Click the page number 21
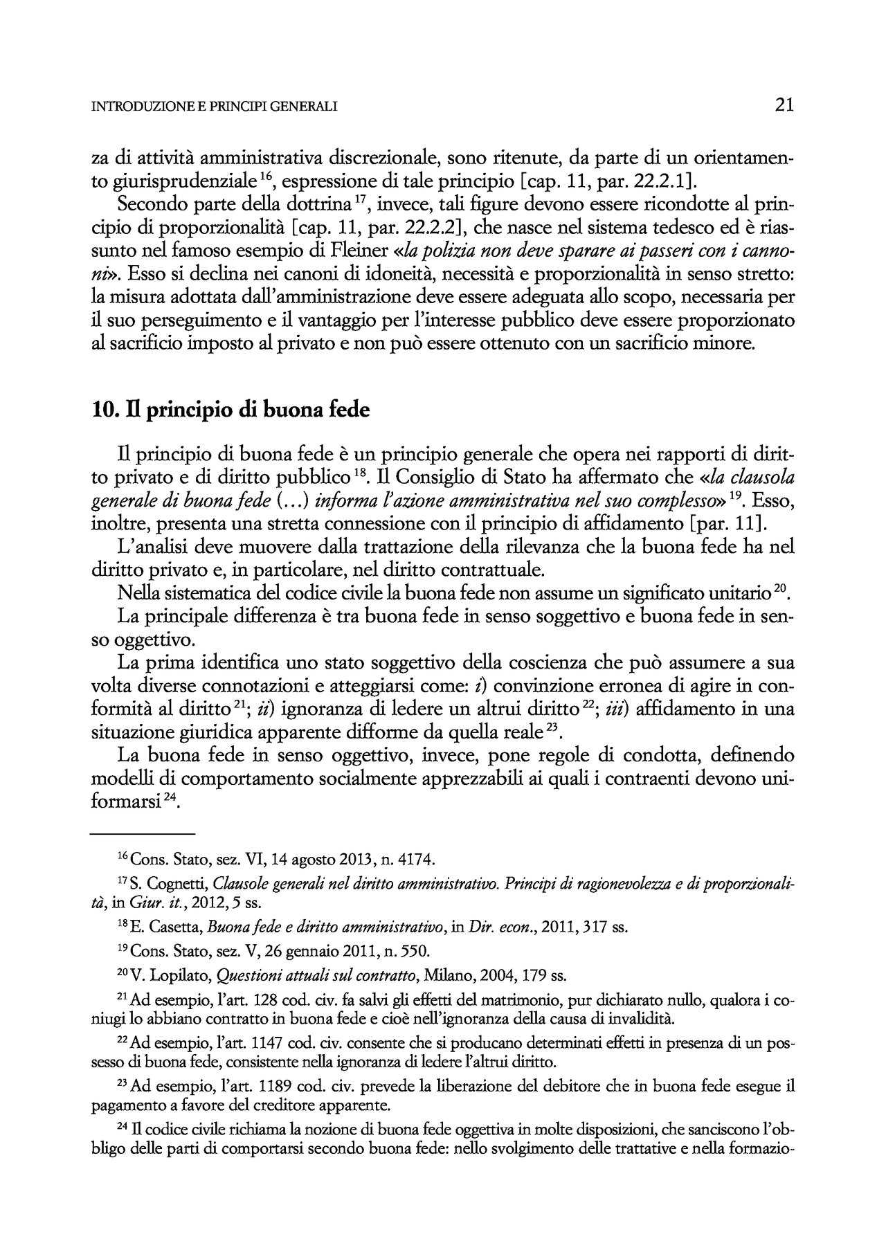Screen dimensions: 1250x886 click(x=784, y=105)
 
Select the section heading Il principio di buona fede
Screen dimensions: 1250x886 click(x=231, y=410)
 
